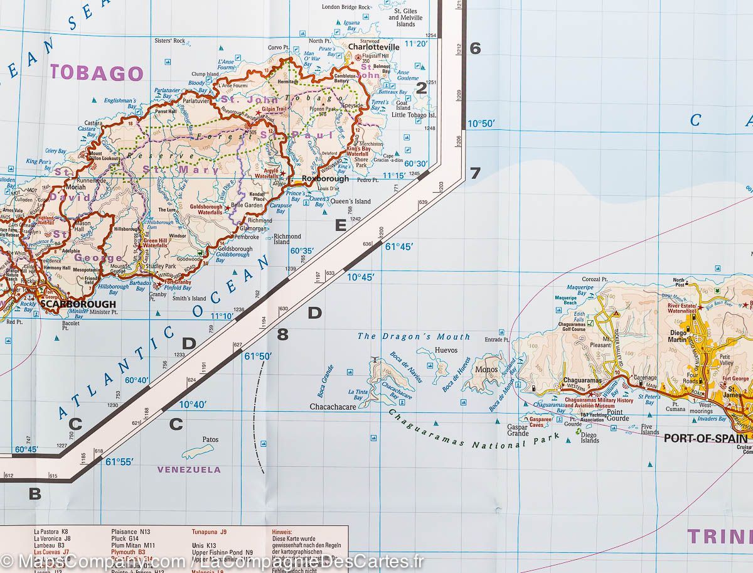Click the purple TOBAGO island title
[x=97, y=73]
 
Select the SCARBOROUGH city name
[x=77, y=304]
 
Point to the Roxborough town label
[x=325, y=179]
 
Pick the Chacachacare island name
[x=333, y=407]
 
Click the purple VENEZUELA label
[x=189, y=469]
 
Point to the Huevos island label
[x=446, y=350]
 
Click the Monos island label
[x=486, y=370]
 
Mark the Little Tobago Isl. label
[x=414, y=115]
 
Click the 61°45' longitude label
[x=399, y=247]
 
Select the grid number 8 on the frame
[x=282, y=335]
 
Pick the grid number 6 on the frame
[x=475, y=48]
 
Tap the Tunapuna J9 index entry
[x=209, y=532]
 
